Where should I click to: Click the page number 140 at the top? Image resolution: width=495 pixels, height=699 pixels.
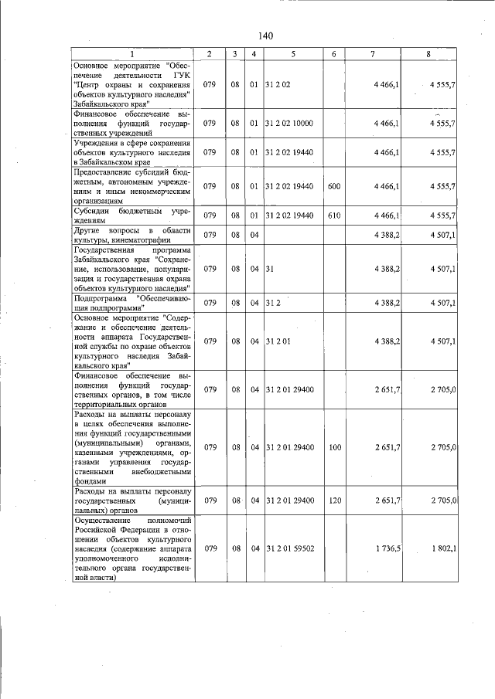point(266,36)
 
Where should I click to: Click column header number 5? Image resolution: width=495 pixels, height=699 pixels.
point(293,53)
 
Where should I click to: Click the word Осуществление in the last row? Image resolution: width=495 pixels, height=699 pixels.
point(104,521)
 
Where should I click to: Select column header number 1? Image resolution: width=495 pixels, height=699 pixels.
point(131,53)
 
